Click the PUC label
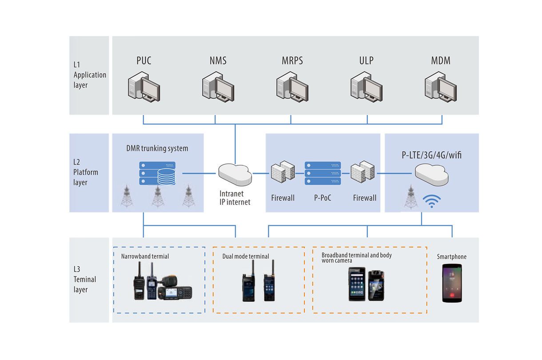click(x=143, y=60)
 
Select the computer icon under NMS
click(x=218, y=88)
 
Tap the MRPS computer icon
click(x=292, y=88)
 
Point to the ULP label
click(x=367, y=60)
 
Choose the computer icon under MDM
click(x=440, y=88)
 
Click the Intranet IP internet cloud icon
click(x=235, y=175)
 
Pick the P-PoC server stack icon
click(x=323, y=173)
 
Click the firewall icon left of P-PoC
click(x=283, y=173)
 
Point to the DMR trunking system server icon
click(x=158, y=173)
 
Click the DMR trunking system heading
click(x=157, y=148)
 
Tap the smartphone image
click(x=452, y=284)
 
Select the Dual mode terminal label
click(x=246, y=256)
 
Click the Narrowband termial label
click(x=145, y=256)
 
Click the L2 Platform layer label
click(x=86, y=172)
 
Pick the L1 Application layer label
click(x=89, y=75)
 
